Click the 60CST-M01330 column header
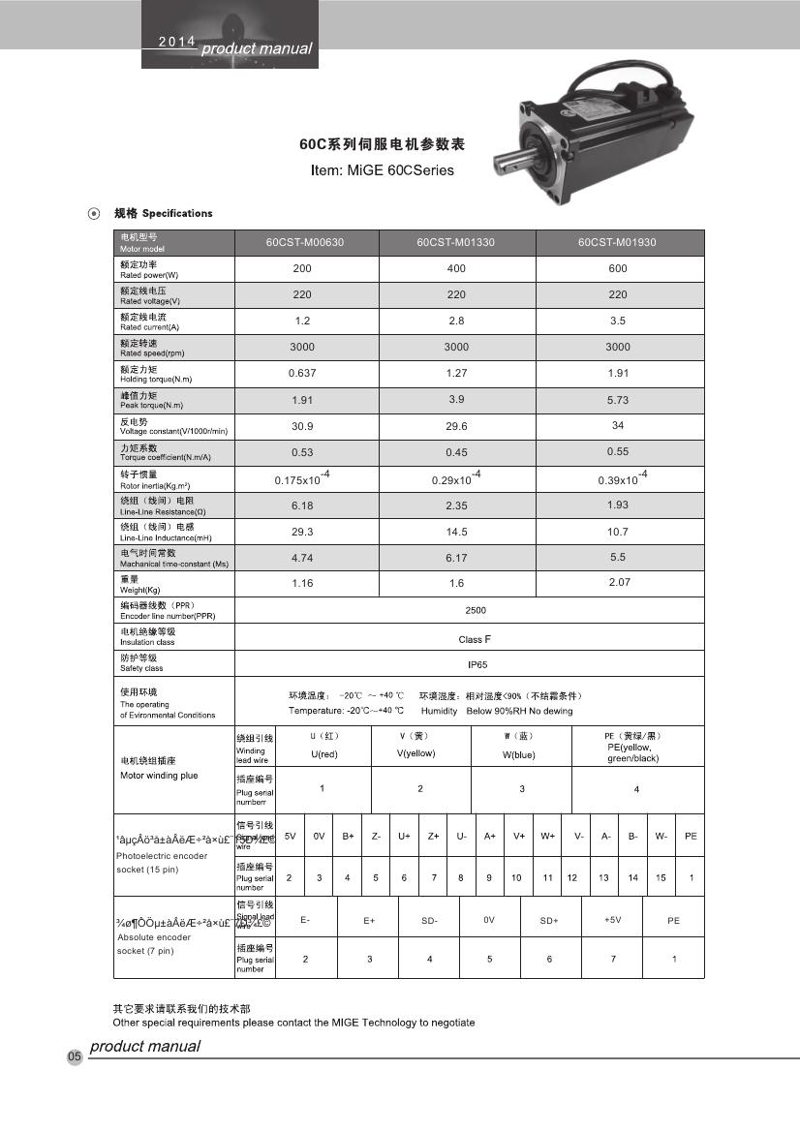pyautogui.click(x=455, y=242)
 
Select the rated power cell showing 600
pyautogui.click(x=618, y=268)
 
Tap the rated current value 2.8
pyautogui.click(x=456, y=321)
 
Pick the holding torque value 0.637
pyautogui.click(x=302, y=373)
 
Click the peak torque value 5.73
pyautogui.click(x=618, y=399)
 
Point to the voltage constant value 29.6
pyautogui.click(x=456, y=425)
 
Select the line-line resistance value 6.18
pyautogui.click(x=302, y=505)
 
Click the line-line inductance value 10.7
pyautogui.click(x=618, y=532)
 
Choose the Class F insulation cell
pyautogui.click(x=470, y=639)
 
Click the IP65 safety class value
pyautogui.click(x=470, y=665)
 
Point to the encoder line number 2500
pyautogui.click(x=475, y=610)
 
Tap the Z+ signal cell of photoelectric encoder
pyautogui.click(x=433, y=836)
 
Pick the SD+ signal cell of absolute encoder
pyautogui.click(x=549, y=920)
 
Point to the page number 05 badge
pyautogui.click(x=75, y=1056)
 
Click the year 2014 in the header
pyautogui.click(x=176, y=42)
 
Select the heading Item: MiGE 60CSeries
pyautogui.click(x=382, y=170)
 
